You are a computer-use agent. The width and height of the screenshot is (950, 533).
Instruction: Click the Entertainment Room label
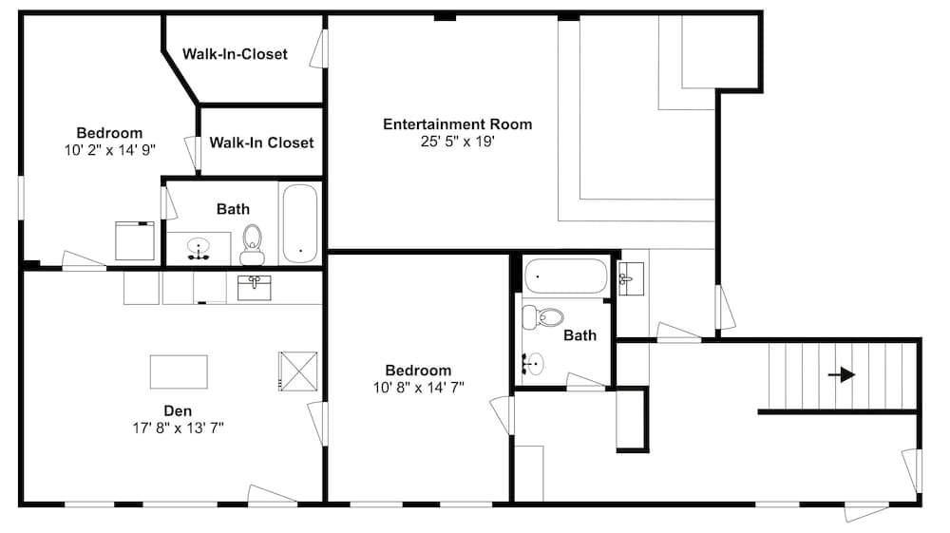[458, 124]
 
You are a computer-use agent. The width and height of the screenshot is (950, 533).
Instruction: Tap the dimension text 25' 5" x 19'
[458, 142]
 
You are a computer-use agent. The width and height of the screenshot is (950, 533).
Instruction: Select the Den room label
[178, 411]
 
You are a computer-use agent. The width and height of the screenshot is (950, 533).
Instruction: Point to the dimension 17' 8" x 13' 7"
[179, 428]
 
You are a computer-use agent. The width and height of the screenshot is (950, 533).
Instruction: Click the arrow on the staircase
[842, 375]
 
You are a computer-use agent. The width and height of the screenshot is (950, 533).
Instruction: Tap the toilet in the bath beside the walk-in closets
[252, 245]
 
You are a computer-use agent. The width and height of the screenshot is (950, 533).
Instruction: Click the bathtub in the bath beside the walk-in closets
[300, 223]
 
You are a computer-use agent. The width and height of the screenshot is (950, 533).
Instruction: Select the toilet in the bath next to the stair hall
[542, 317]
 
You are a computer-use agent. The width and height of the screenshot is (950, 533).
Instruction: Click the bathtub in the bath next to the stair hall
[565, 276]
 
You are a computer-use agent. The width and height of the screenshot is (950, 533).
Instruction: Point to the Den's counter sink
[254, 288]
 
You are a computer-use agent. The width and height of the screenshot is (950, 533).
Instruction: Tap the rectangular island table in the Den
[179, 371]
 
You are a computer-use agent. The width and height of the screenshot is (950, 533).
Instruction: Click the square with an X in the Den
[297, 371]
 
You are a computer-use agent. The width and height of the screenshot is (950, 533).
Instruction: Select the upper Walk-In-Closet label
[235, 54]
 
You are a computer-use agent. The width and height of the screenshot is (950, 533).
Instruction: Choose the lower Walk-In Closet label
[262, 143]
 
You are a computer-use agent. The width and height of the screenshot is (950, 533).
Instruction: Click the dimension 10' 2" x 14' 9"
[110, 150]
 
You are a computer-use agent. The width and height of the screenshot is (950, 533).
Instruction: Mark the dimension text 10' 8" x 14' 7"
[419, 388]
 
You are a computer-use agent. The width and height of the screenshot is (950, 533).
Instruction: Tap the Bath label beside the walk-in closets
[234, 209]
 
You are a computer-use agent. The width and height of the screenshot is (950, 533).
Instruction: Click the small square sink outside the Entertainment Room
[631, 278]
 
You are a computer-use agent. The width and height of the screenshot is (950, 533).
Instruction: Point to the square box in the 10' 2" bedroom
[135, 241]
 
